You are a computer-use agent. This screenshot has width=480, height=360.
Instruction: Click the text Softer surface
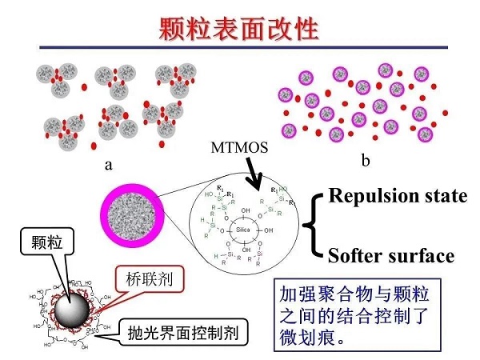point(392,256)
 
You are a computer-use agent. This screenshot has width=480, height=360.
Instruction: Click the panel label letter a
point(108,164)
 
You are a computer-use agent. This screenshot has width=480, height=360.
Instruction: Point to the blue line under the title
point(240,47)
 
